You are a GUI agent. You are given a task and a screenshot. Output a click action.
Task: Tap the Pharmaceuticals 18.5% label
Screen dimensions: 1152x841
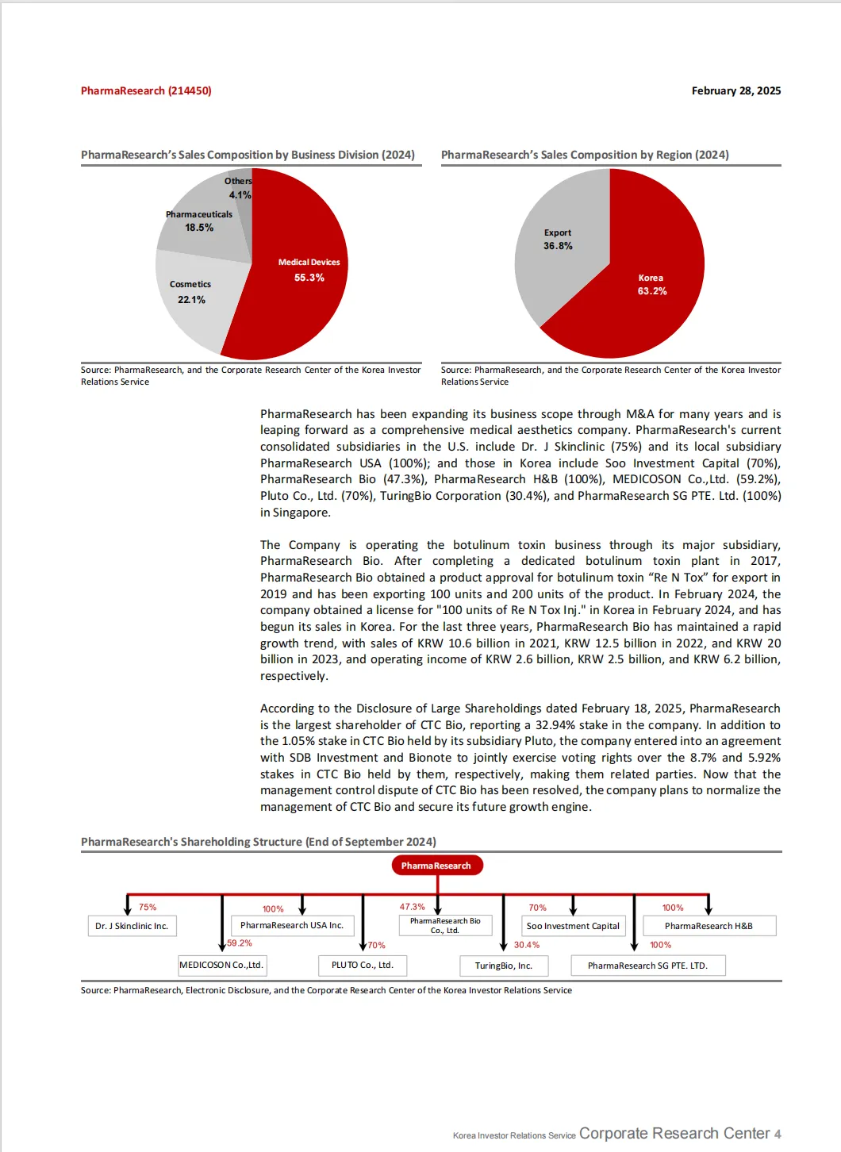(199, 221)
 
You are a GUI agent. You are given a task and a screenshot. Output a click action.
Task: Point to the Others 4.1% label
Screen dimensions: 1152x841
(239, 188)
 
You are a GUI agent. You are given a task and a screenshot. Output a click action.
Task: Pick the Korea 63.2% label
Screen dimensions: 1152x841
(651, 285)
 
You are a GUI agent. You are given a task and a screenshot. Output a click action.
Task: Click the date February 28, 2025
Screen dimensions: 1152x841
(735, 91)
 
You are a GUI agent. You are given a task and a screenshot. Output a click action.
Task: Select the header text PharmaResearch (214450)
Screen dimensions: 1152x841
(146, 91)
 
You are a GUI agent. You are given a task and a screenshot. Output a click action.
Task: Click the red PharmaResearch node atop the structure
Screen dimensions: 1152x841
(436, 866)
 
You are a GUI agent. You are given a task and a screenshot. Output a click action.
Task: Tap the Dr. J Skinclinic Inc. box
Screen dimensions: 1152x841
(132, 926)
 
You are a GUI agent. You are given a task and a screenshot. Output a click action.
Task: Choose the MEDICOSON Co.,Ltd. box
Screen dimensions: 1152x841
(221, 966)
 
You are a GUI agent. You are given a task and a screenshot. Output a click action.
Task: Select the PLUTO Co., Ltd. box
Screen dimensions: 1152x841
(363, 966)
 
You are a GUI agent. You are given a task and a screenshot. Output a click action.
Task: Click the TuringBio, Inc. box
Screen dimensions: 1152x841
(503, 966)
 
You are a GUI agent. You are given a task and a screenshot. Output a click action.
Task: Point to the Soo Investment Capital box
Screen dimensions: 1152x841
(573, 926)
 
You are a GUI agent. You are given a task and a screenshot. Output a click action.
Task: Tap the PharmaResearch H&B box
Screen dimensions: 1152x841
(709, 926)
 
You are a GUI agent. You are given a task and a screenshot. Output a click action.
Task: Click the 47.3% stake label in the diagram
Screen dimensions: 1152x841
(412, 907)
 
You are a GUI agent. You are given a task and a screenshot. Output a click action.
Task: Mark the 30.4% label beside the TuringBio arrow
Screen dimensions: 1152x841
(526, 945)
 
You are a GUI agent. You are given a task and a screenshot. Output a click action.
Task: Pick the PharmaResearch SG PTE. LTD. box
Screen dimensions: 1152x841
(647, 966)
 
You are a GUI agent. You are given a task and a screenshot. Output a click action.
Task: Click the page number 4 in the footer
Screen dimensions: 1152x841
(778, 1135)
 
